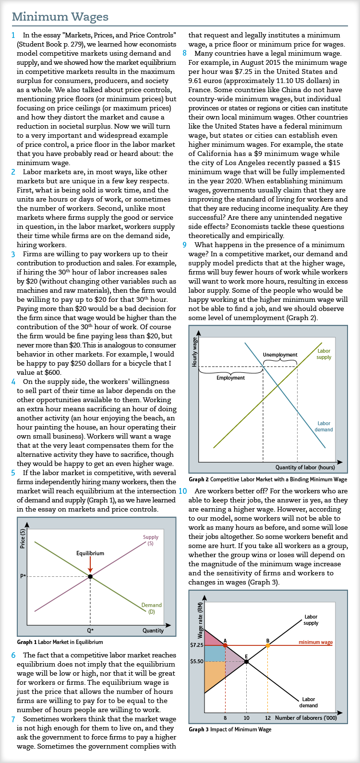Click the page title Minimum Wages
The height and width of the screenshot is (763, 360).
(x=60, y=17)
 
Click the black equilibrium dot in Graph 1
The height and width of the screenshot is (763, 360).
(x=90, y=576)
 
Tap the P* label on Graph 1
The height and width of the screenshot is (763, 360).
(x=23, y=576)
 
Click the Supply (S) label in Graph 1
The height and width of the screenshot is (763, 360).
(x=151, y=540)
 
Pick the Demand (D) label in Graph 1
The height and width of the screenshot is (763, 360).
(x=151, y=608)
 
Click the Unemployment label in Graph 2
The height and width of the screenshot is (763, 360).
(x=280, y=355)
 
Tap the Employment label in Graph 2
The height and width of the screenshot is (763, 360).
(x=231, y=378)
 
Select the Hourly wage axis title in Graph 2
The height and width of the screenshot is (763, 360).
(x=194, y=352)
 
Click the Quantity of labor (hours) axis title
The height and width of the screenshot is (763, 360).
(x=305, y=467)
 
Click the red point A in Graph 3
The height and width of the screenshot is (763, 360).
(x=225, y=645)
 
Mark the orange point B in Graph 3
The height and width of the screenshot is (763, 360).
(x=268, y=645)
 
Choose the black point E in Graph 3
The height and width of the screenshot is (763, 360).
(x=246, y=661)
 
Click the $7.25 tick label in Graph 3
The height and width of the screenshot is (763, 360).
(x=196, y=645)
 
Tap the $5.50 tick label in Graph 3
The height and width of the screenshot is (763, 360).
(x=196, y=661)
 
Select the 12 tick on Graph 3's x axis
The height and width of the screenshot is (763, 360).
(x=268, y=718)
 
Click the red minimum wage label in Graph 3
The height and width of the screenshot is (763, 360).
(x=315, y=642)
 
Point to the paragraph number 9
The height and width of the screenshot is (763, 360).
(x=184, y=245)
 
